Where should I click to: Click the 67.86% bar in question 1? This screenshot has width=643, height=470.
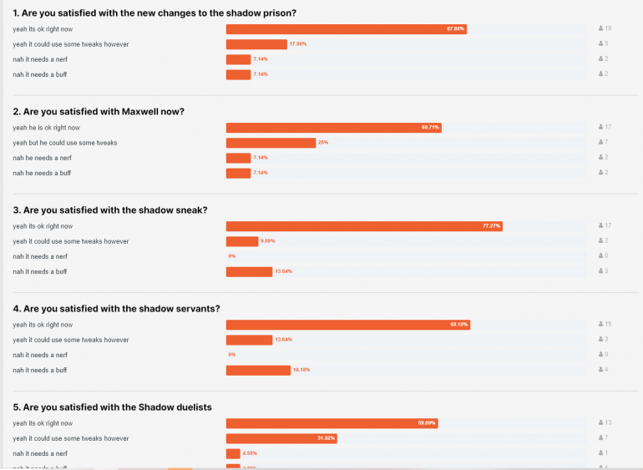pos(346,28)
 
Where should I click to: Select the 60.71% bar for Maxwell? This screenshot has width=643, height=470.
pos(333,128)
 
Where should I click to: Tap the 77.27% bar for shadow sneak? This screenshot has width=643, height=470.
pos(364,226)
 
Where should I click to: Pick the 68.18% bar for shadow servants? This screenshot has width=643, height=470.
pos(347,325)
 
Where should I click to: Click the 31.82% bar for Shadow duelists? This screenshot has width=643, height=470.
pos(281,438)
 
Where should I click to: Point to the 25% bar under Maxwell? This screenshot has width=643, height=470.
pos(271,143)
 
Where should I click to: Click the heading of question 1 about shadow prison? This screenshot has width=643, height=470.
pos(154,13)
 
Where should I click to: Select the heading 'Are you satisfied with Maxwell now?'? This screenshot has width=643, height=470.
pos(99,111)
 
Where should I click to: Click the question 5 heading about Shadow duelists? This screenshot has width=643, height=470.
pos(112,407)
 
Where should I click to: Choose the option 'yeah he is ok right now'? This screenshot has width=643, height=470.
pos(46,128)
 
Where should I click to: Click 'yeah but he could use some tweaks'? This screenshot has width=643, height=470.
pos(64,143)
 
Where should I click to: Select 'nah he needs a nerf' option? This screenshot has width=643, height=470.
pos(41,158)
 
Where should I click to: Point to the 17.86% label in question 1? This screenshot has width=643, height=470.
pos(298,43)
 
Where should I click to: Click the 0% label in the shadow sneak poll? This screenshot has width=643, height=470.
pos(232,256)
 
